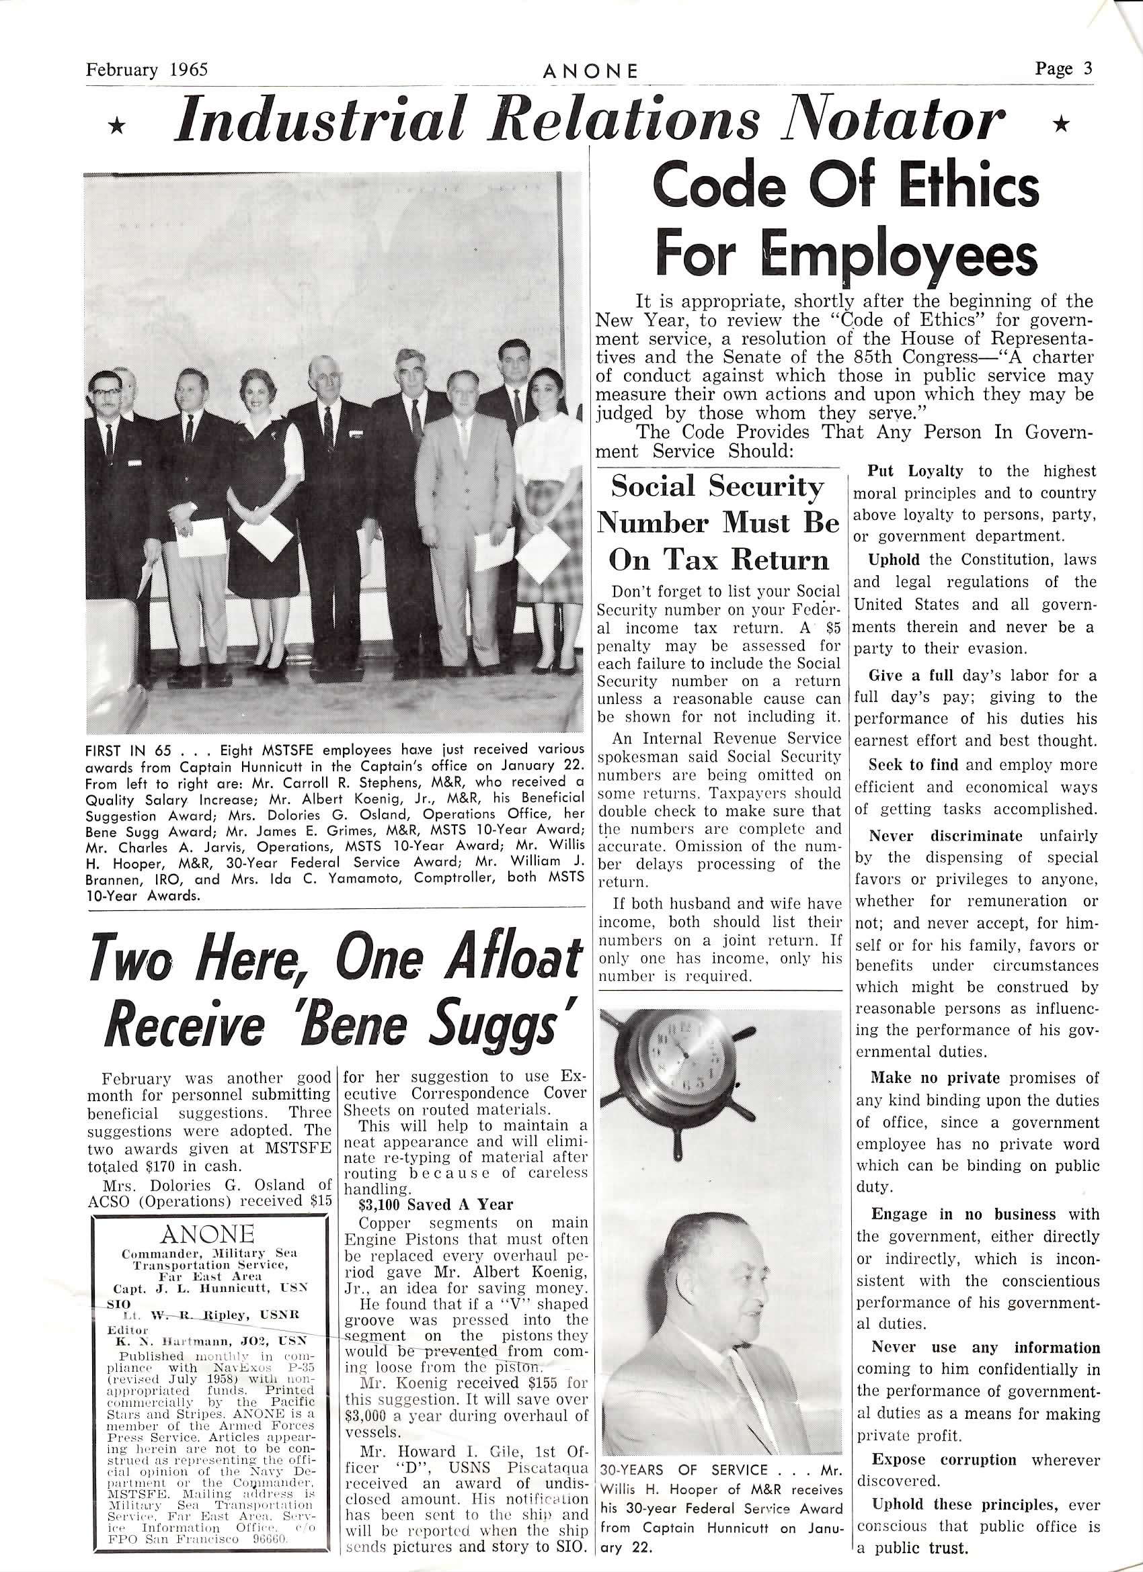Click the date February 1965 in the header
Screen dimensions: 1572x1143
[147, 70]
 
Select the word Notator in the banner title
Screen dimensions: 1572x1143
[895, 120]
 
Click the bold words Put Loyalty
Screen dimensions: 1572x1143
[916, 472]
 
